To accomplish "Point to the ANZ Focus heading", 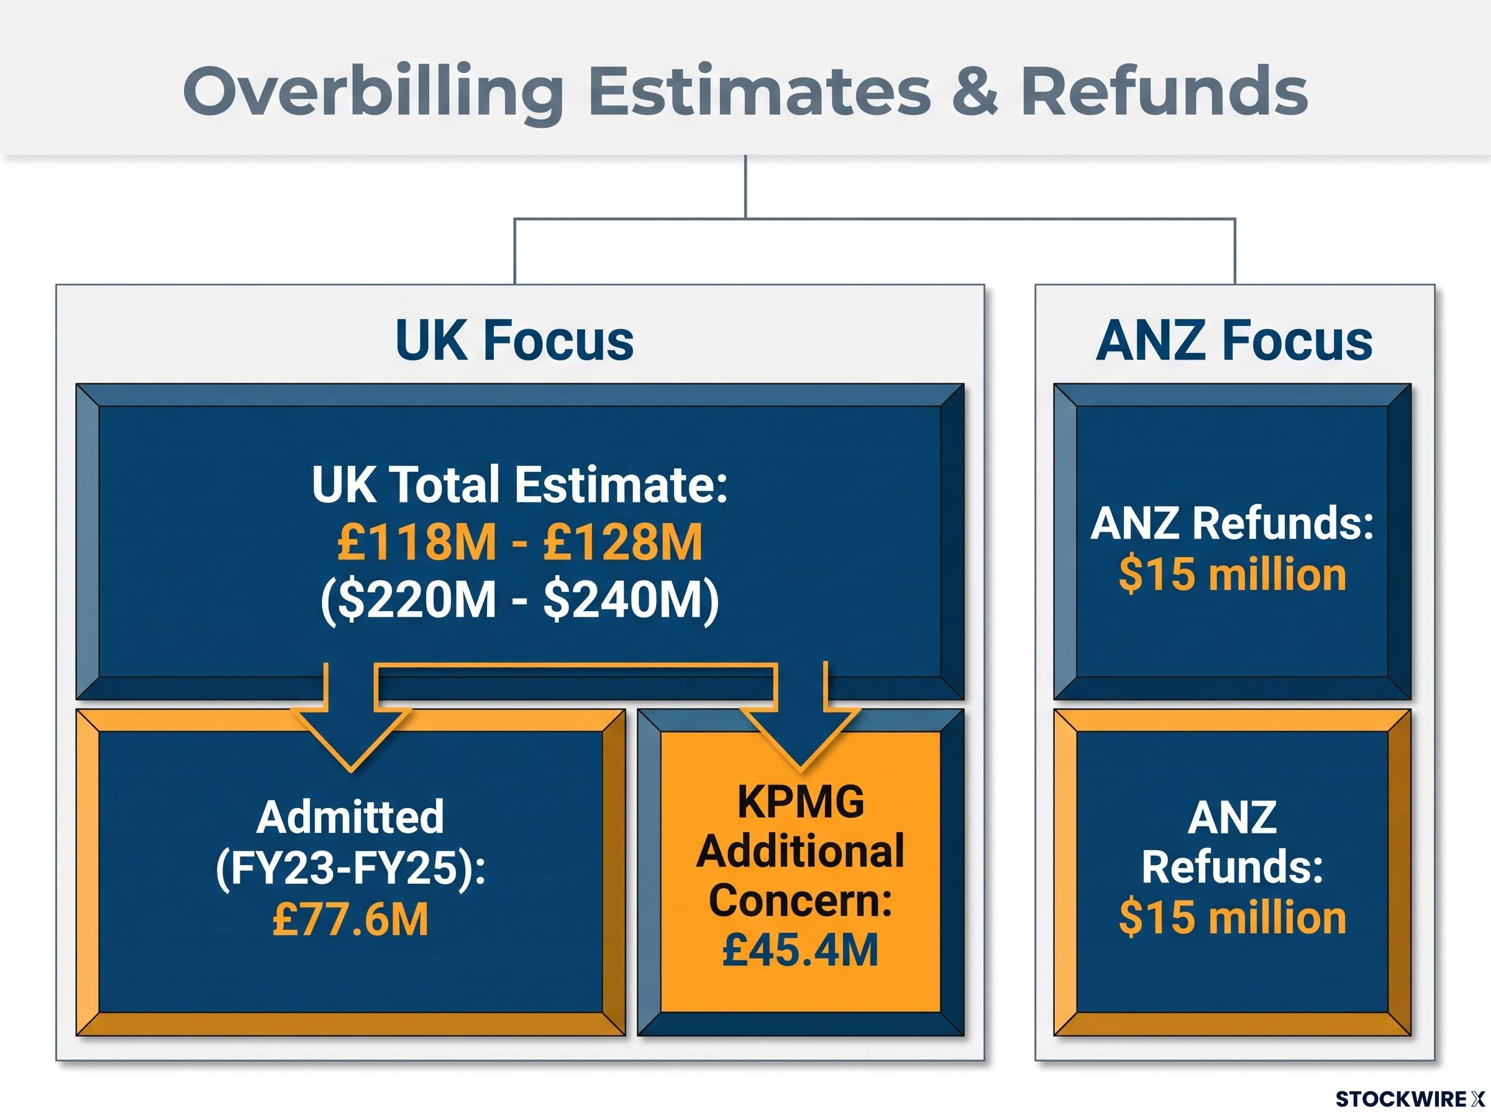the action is tap(1234, 340).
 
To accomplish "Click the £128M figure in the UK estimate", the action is tap(622, 542).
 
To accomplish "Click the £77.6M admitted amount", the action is tap(350, 920).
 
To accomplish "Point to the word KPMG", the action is tap(800, 802).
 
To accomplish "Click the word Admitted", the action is tap(350, 817).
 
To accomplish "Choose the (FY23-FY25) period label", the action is tap(350, 868).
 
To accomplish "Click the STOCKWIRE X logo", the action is tap(1410, 1099).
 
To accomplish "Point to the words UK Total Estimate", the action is tap(520, 484).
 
